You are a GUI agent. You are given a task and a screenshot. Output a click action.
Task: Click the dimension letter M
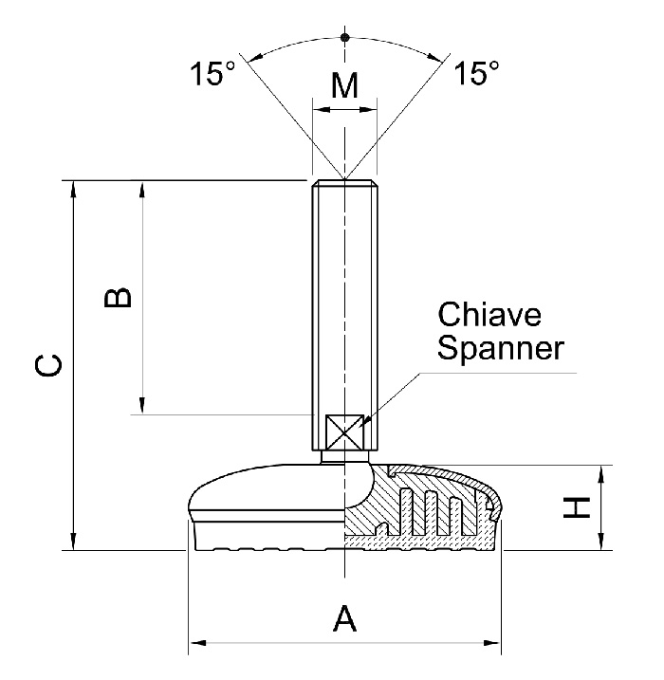pos(344,85)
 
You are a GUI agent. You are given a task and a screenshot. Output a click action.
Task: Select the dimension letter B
pos(118,298)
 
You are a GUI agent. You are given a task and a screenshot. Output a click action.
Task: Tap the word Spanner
pos(500,348)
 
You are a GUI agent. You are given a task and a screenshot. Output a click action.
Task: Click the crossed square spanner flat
pos(344,432)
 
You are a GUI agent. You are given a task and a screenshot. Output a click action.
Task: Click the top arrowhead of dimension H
pos(600,472)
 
